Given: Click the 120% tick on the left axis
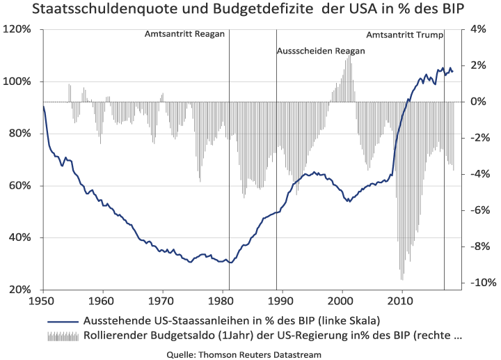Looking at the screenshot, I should click(19, 29).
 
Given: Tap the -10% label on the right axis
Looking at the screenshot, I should click(482, 282).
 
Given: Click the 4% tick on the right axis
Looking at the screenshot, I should click(477, 29).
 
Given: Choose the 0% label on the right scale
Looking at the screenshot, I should click(477, 102).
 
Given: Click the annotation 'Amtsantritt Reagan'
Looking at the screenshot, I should click(184, 35).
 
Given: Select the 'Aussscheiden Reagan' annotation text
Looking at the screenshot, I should click(321, 51).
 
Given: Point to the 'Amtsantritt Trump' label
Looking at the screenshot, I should click(404, 35).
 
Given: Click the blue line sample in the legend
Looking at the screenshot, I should click(63, 321).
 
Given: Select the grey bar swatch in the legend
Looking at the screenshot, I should click(63, 336).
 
